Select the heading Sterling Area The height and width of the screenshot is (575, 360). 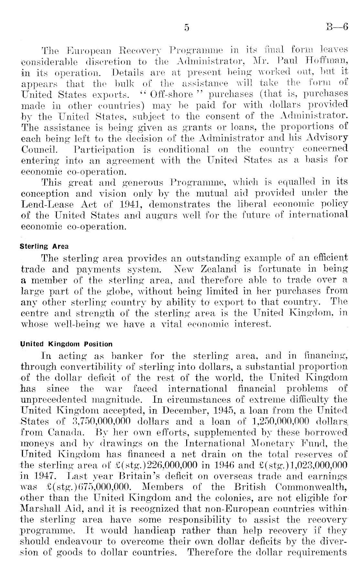click(x=44, y=246)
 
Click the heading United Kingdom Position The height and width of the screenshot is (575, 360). click(x=67, y=344)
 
